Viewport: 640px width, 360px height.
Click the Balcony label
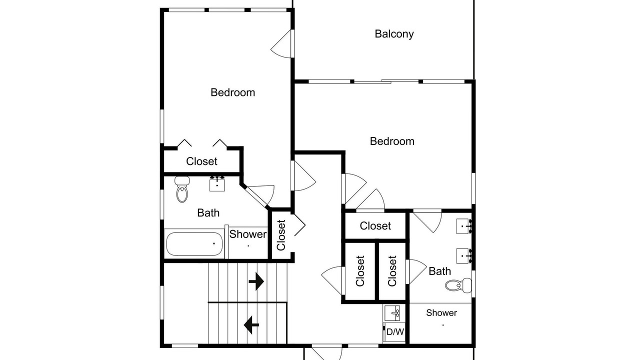coord(394,34)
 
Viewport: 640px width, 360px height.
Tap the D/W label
coord(395,331)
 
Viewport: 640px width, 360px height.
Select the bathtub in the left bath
coord(194,243)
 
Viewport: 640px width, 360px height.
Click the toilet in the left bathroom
coord(182,189)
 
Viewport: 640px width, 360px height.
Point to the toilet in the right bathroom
coord(458,285)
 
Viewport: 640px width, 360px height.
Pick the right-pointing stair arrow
coord(256,281)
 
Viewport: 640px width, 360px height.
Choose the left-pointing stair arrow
coord(251,325)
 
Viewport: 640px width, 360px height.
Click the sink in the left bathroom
coord(217,183)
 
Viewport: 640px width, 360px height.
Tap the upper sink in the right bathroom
coord(464,226)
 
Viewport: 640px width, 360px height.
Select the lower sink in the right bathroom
coord(464,256)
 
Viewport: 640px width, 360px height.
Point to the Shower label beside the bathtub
coord(248,234)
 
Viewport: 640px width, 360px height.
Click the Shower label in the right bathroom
coord(441,313)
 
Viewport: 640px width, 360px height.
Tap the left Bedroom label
coord(233,92)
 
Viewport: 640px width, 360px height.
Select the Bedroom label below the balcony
coord(392,141)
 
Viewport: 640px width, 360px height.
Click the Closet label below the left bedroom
coord(201,161)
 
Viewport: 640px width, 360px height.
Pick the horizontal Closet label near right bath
coord(375,226)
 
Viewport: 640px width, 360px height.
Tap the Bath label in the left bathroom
coord(208,213)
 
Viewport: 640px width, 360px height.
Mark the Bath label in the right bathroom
coord(439,271)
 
